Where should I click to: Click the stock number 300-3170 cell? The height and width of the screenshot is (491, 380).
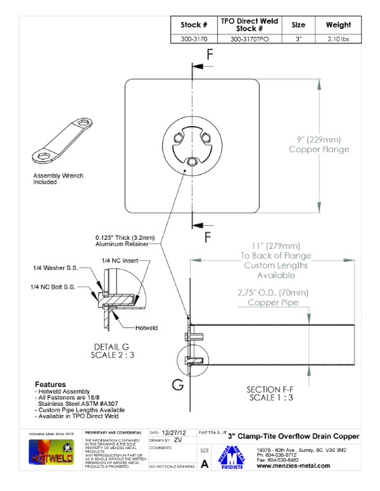[194, 38]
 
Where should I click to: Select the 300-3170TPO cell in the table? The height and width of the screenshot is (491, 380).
[248, 38]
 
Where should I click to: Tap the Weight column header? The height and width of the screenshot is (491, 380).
[338, 25]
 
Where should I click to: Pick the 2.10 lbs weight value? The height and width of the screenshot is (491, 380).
[338, 38]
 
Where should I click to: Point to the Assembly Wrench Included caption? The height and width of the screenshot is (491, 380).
[57, 179]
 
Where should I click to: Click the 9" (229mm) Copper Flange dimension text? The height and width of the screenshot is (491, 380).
[319, 143]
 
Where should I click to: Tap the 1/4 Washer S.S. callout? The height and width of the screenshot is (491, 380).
[56, 268]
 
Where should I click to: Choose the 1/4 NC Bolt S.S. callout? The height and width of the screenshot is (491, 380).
[54, 286]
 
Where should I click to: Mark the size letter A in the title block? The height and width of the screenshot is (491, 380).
[205, 463]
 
